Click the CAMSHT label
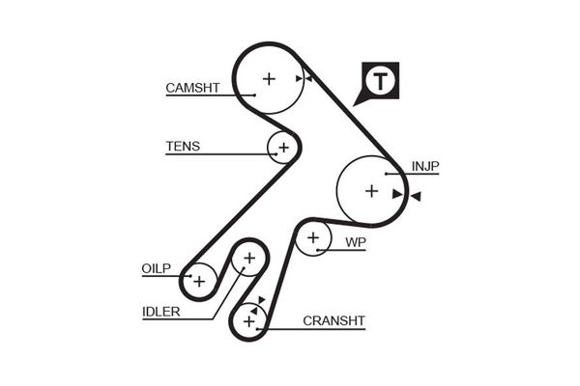pyautogui.click(x=193, y=88)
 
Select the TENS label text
pyautogui.click(x=183, y=147)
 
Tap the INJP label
pyautogui.click(x=425, y=166)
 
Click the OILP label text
pyautogui.click(x=157, y=269)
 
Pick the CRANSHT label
pyautogui.click(x=333, y=320)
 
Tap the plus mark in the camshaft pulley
pyautogui.click(x=269, y=78)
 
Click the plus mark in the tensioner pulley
pyautogui.click(x=283, y=148)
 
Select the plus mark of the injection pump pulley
pyautogui.click(x=371, y=191)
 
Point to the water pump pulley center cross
pyautogui.click(x=312, y=237)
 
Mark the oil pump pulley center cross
pyautogui.click(x=198, y=281)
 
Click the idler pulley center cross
pyautogui.click(x=248, y=258)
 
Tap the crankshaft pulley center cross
pyautogui.click(x=249, y=319)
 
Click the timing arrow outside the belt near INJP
pyautogui.click(x=416, y=197)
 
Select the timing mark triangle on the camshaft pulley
pyautogui.click(x=301, y=78)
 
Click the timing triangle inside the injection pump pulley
pyautogui.click(x=397, y=194)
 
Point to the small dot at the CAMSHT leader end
pyautogui.click(x=253, y=95)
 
